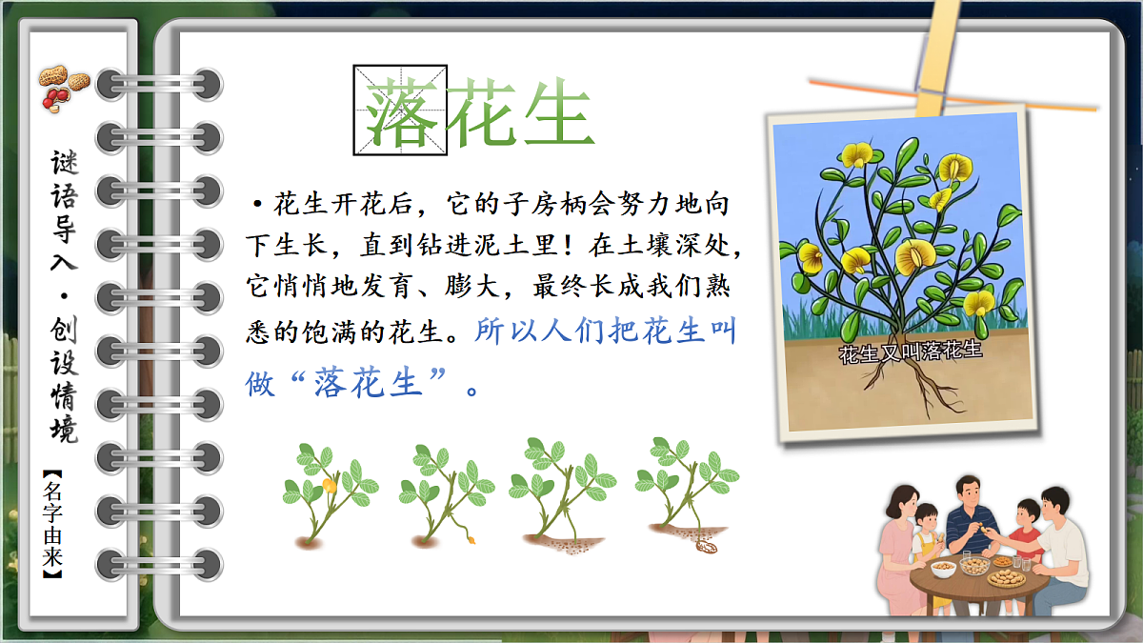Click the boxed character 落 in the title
pyautogui.click(x=400, y=110)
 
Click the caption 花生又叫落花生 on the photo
pyautogui.click(x=910, y=352)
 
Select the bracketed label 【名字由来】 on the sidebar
pyautogui.click(x=53, y=526)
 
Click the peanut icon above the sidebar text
pyautogui.click(x=63, y=87)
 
